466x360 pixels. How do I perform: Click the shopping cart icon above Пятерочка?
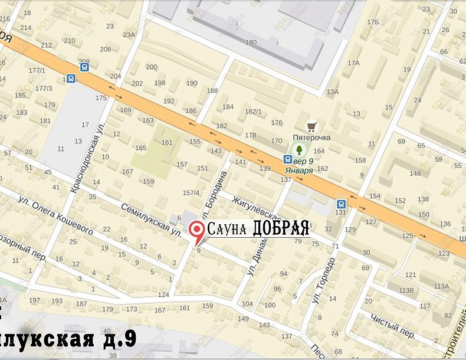pos(311,126)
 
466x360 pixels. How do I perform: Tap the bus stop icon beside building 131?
pos(343,202)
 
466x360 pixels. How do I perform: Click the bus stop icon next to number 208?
pos(86,67)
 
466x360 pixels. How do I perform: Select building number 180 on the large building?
pos(251,42)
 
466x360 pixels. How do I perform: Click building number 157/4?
pos(191,192)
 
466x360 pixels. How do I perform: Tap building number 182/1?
pos(253,111)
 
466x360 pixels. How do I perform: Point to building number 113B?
pos(406,290)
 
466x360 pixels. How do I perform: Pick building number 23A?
pos(129,35)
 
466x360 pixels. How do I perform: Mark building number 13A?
pos(333,91)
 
